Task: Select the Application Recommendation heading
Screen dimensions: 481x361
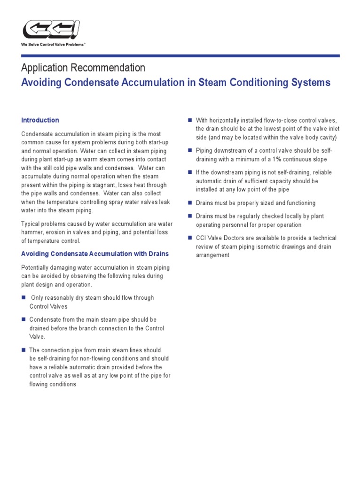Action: [83, 68]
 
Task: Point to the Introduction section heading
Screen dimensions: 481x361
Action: [40, 120]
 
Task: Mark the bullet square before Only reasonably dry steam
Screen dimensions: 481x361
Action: [24, 298]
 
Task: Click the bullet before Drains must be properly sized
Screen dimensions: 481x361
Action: [190, 203]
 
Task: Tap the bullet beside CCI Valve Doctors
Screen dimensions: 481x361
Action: [190, 238]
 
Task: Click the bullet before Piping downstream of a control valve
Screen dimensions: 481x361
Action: [190, 150]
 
